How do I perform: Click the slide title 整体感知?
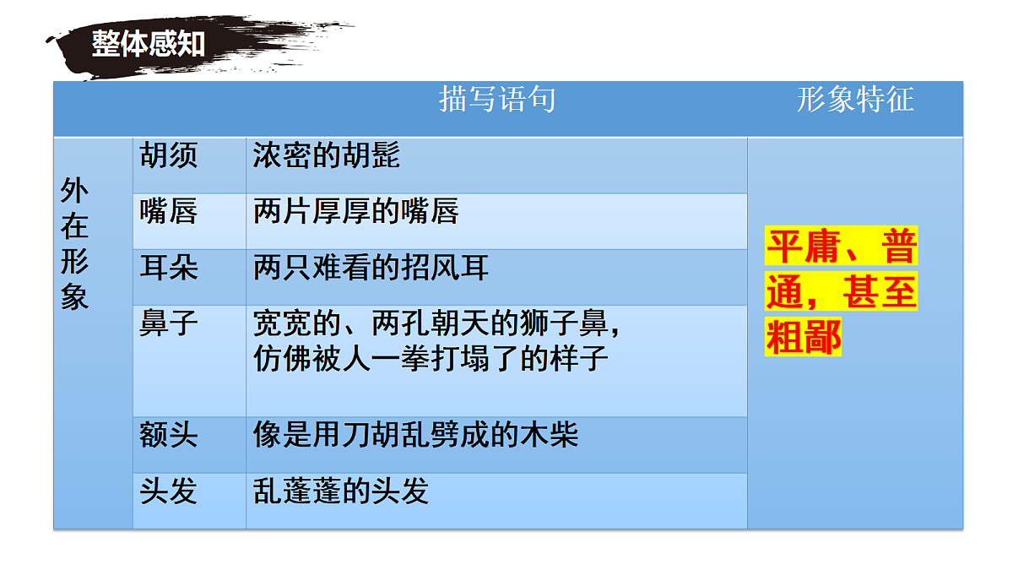(x=149, y=43)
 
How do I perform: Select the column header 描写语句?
(x=497, y=100)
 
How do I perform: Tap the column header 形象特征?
(x=854, y=100)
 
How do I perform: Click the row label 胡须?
(x=169, y=155)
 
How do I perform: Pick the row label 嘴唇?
(x=169, y=211)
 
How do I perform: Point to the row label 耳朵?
(x=169, y=268)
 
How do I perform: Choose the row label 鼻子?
(x=169, y=323)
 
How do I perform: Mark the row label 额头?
(x=169, y=436)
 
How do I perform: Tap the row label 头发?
(x=169, y=491)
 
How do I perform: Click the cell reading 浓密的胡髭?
(x=326, y=155)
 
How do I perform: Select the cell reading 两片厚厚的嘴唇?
(x=355, y=211)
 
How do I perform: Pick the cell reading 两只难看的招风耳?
(x=371, y=268)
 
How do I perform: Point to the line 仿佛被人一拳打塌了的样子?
(x=431, y=358)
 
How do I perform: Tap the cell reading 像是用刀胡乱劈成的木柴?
(x=415, y=436)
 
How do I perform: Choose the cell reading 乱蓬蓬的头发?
(x=341, y=491)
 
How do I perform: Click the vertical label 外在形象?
(x=74, y=244)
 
